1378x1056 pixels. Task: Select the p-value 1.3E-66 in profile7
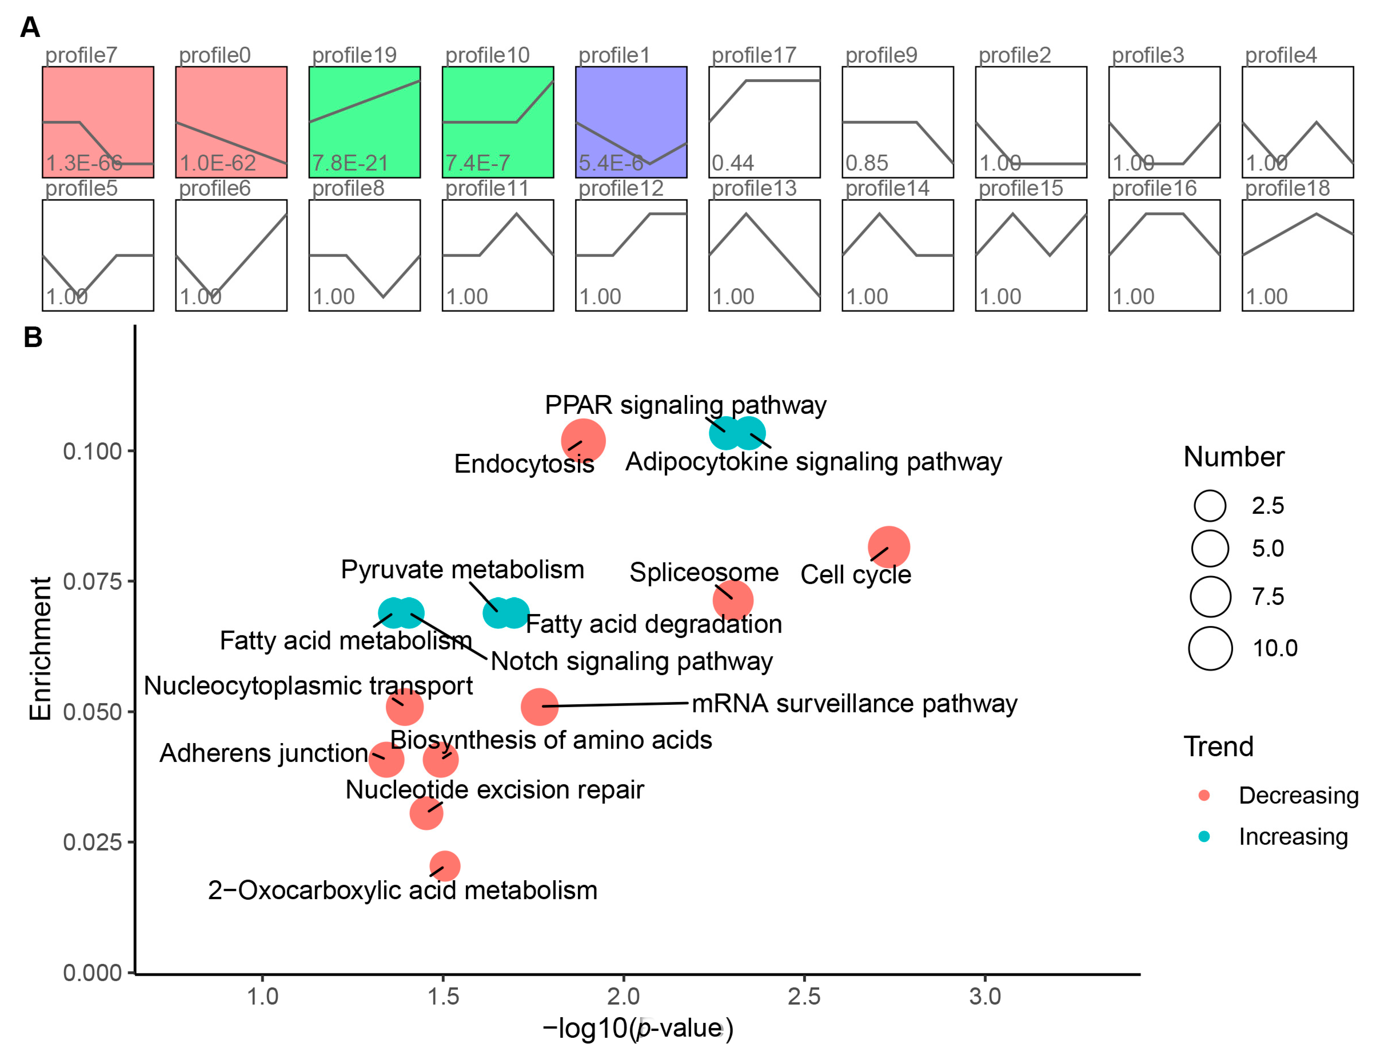click(84, 164)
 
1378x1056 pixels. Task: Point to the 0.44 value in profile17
click(733, 164)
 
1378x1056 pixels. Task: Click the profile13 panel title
click(754, 189)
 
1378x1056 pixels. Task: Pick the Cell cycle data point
click(888, 547)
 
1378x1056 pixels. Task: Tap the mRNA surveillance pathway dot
click(539, 706)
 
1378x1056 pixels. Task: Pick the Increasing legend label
click(1293, 837)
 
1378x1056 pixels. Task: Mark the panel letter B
click(33, 338)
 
